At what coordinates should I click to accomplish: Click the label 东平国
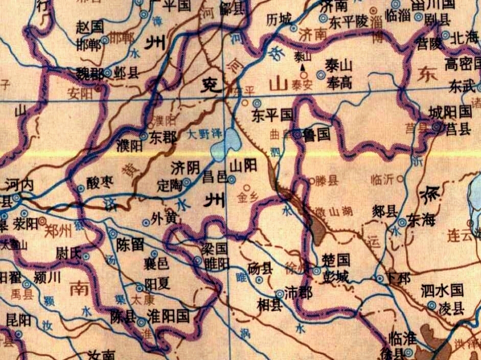point(271,116)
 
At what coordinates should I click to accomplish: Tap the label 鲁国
point(316,135)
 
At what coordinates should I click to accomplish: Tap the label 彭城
point(336,278)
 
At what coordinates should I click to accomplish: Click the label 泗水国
point(443,291)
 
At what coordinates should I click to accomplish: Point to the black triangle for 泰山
point(303,67)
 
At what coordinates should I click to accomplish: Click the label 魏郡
point(89,73)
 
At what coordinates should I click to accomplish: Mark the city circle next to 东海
point(402,222)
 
